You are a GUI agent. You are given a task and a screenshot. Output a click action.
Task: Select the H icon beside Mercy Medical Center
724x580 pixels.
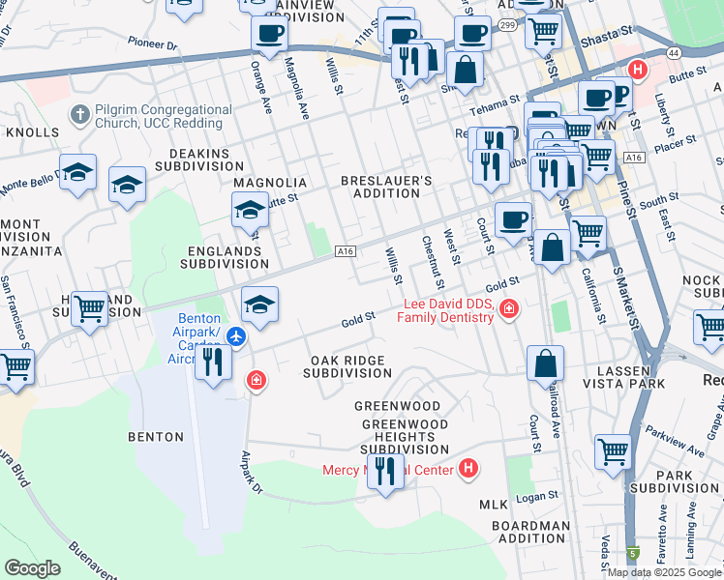468,470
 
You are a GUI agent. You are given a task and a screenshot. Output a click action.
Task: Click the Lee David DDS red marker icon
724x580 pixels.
509,309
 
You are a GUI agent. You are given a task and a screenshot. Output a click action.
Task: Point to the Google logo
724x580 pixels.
32,567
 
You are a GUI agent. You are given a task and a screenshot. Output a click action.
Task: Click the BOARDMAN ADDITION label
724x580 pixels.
530,533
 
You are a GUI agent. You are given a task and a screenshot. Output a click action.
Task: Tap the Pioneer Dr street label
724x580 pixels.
153,43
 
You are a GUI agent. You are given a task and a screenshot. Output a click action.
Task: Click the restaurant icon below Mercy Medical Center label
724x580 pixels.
386,471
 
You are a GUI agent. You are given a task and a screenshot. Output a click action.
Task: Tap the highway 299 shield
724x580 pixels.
507,27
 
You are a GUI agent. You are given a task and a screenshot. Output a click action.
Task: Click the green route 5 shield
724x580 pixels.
633,555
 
